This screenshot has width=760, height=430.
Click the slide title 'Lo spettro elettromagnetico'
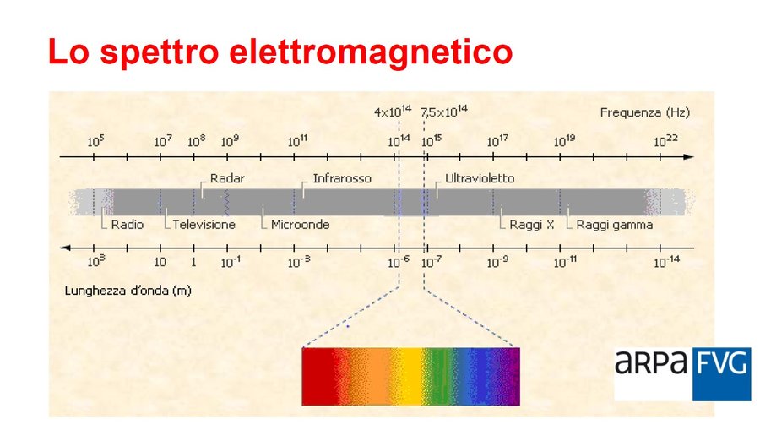(280, 52)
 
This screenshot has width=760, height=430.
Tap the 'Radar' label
(228, 179)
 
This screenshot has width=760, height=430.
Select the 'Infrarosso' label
(342, 179)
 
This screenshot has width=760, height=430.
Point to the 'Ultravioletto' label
(480, 179)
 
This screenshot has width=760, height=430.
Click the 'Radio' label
(128, 225)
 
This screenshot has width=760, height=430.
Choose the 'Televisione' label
(204, 225)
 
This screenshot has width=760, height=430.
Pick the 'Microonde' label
(300, 225)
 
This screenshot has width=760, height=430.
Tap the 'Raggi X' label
(532, 225)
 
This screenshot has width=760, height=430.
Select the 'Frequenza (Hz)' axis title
(644, 112)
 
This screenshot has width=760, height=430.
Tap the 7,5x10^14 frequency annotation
(444, 112)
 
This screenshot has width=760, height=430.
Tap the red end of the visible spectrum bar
(317, 377)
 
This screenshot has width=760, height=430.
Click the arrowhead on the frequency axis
(688, 157)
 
